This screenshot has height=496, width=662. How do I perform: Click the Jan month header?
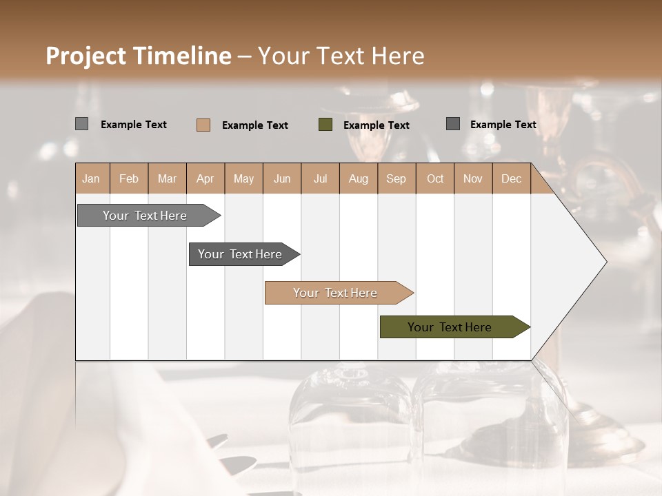point(92,178)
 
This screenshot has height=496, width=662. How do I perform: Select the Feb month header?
point(129,178)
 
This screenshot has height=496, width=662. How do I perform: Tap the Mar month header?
point(167,178)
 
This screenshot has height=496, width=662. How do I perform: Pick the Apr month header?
point(205,178)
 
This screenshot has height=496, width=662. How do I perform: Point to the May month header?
point(243,178)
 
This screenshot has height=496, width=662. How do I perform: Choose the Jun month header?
point(282,178)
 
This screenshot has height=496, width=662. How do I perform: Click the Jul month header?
point(320,178)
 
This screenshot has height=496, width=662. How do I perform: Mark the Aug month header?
point(359,178)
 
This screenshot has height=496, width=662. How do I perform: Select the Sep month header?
point(397,178)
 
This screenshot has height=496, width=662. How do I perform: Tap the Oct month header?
point(435,178)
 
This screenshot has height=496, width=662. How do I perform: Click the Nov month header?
point(473,178)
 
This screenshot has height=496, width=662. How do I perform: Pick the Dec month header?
point(512,178)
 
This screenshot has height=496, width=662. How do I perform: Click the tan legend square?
point(203,125)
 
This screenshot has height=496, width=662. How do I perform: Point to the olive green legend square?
point(325,125)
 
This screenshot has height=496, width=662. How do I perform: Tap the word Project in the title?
point(86,56)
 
